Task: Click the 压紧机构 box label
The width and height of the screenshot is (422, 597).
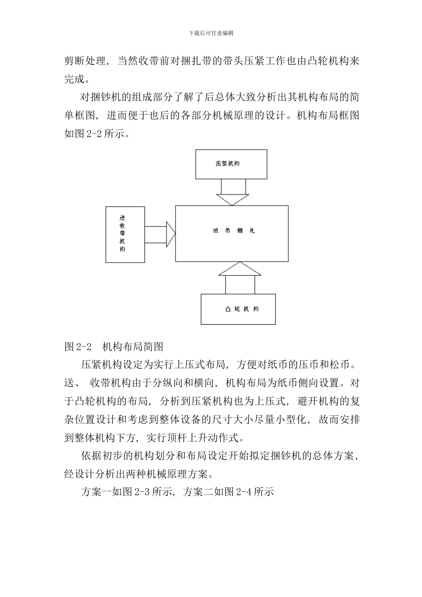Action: click(228, 163)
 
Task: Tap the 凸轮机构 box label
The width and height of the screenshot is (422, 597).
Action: click(242, 309)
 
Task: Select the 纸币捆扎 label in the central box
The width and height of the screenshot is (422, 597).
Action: click(234, 231)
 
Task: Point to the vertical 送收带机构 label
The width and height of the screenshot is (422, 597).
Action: click(122, 234)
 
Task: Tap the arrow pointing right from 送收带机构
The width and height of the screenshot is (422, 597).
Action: click(160, 234)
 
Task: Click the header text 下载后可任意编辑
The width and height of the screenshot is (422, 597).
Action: click(211, 33)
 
